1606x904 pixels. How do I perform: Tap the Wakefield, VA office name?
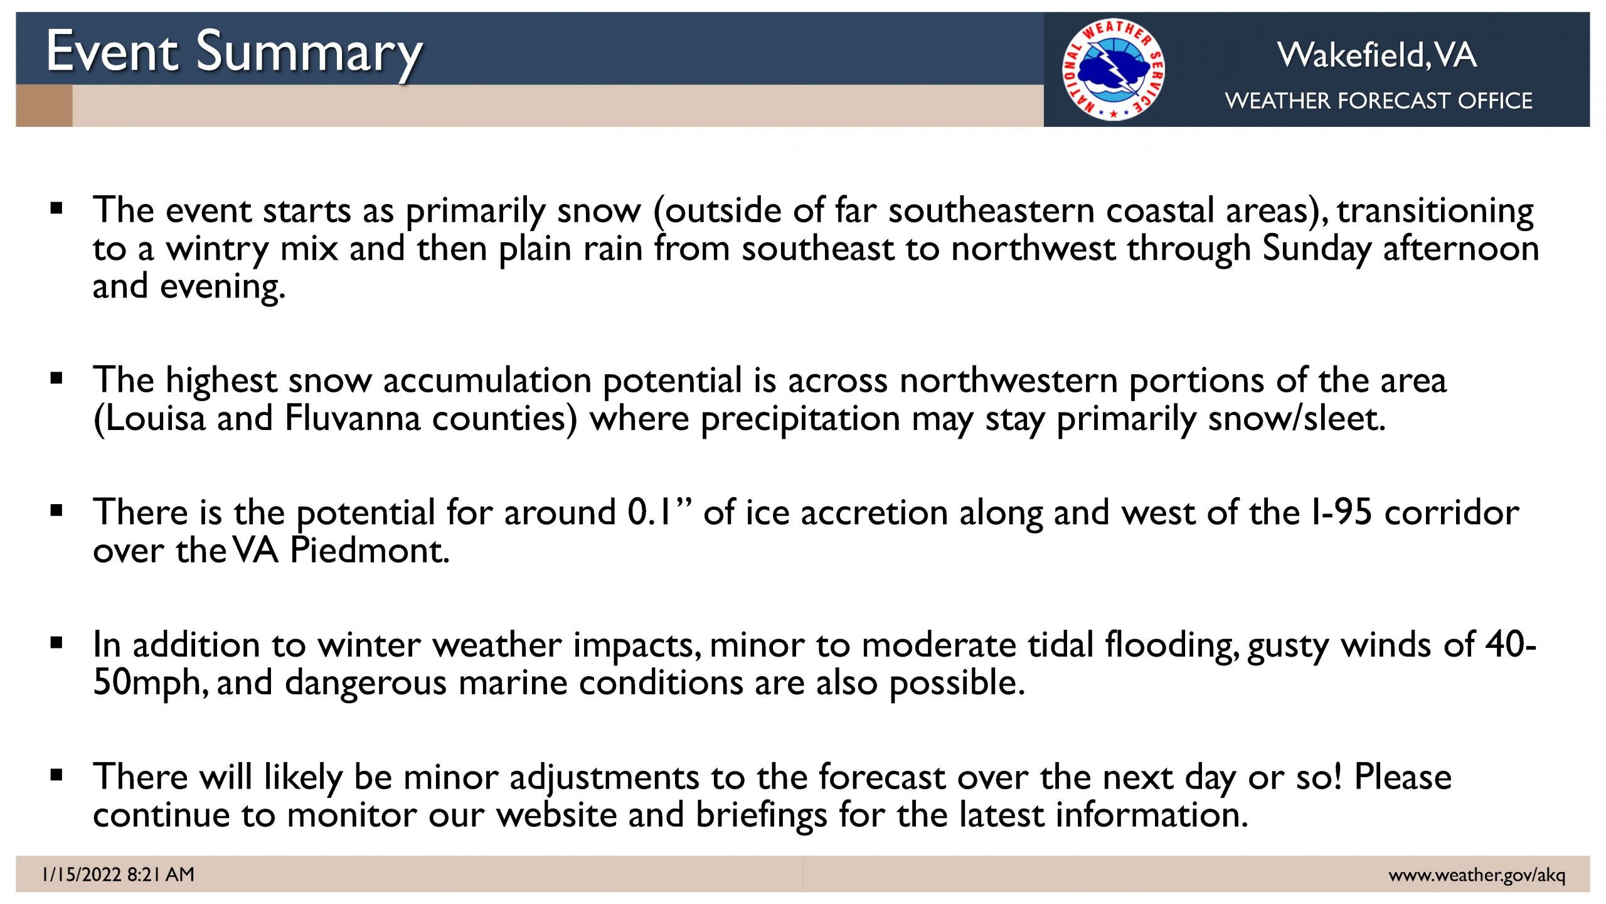[1377, 55]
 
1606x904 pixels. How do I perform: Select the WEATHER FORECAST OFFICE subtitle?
[1378, 100]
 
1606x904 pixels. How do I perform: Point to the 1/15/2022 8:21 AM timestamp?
[118, 874]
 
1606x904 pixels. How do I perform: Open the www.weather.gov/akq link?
[1477, 874]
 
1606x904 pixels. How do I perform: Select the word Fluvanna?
[352, 418]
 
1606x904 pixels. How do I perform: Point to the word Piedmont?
[370, 550]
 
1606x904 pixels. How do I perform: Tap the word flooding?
[1172, 645]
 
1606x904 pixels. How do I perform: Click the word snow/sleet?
[1296, 418]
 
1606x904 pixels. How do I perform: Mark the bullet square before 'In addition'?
[57, 643]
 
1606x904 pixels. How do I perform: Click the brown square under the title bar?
[44, 105]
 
